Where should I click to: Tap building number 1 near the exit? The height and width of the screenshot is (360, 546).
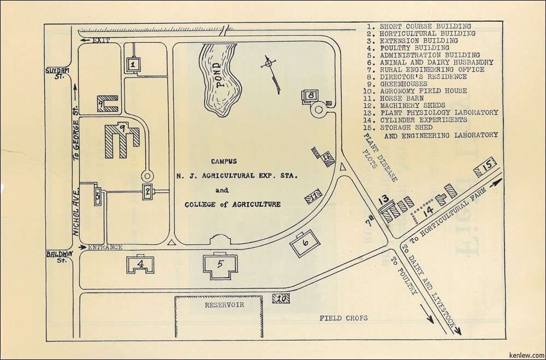pyautogui.click(x=132, y=65)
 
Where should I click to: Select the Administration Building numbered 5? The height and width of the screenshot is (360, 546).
pyautogui.click(x=220, y=265)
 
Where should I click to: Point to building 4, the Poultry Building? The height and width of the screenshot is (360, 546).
pyautogui.click(x=141, y=264)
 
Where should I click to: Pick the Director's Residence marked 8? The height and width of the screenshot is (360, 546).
pyautogui.click(x=310, y=95)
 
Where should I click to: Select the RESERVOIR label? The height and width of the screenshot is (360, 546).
pyautogui.click(x=224, y=304)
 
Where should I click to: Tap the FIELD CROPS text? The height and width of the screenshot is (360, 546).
pyautogui.click(x=343, y=318)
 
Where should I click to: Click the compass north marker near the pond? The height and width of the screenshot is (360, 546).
pyautogui.click(x=267, y=64)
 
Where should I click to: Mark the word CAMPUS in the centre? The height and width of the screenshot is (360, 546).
pyautogui.click(x=224, y=161)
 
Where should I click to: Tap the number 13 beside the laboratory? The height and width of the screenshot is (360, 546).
pyautogui.click(x=383, y=199)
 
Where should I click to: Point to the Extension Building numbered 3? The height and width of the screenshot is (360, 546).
pyautogui.click(x=97, y=195)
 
